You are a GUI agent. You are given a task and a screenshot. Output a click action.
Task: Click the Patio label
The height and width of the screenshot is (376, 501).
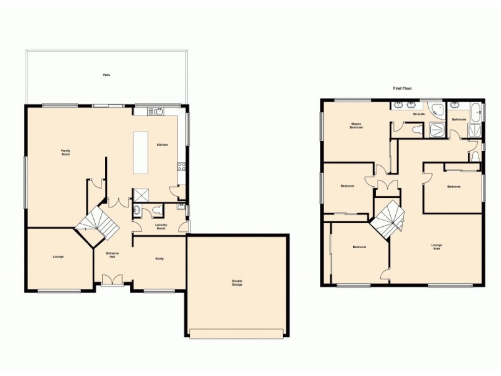point(106,75)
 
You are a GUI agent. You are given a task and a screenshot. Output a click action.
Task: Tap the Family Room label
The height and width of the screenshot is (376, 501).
point(65,152)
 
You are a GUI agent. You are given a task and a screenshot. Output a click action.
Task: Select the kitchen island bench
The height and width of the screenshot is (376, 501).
point(140,153)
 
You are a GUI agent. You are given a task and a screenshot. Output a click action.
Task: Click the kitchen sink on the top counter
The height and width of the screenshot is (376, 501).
point(157,112)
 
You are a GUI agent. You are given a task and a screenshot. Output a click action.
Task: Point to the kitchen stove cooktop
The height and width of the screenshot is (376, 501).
point(181,167)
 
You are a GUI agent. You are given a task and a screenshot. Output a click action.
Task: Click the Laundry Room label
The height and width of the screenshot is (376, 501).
point(161,227)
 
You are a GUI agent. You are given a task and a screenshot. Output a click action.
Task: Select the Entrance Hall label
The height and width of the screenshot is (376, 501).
point(113,254)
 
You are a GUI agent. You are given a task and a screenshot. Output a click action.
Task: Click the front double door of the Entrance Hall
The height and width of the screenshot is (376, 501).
point(112,280)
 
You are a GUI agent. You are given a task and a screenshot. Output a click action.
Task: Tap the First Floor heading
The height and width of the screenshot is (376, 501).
point(402,89)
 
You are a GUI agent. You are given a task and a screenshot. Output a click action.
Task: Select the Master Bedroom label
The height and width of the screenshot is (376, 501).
point(356,125)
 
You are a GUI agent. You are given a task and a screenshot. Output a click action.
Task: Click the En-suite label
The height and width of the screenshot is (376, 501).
point(418,114)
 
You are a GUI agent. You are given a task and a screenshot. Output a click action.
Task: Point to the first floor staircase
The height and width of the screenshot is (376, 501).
point(387,219)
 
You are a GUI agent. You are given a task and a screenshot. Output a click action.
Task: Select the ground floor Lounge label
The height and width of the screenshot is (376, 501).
point(57,256)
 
